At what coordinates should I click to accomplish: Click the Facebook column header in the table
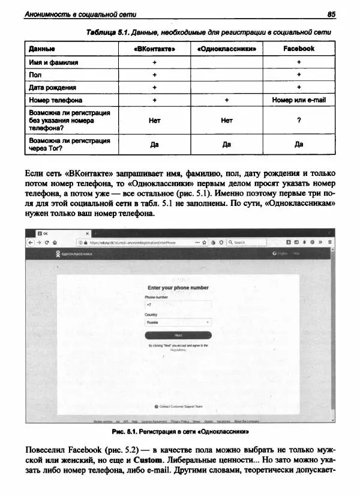(x=298, y=48)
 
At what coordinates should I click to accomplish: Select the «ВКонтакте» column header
(x=154, y=48)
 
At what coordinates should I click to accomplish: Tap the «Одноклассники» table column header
(x=226, y=48)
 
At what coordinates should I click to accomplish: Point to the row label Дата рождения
(x=49, y=87)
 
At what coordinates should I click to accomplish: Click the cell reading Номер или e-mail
(x=298, y=100)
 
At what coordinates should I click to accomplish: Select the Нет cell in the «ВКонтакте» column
(x=154, y=120)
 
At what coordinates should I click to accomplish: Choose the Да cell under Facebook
(x=298, y=144)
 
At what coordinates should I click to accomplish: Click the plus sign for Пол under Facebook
(x=298, y=74)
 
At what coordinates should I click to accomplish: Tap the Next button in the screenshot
(x=178, y=335)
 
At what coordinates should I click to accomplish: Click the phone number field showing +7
(x=178, y=304)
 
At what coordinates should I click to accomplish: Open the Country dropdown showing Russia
(x=178, y=322)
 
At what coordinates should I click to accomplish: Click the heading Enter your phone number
(x=178, y=288)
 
